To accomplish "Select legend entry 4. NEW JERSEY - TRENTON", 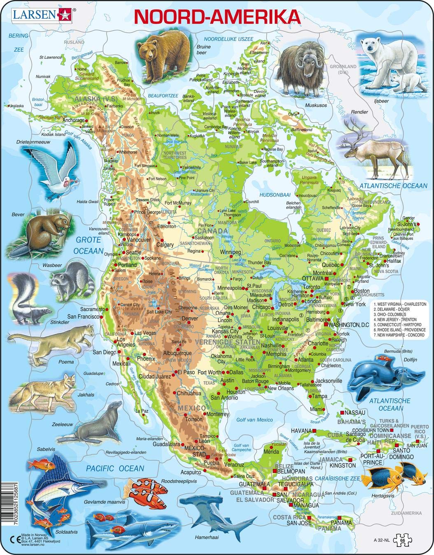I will pyautogui.click(x=396, y=319).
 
